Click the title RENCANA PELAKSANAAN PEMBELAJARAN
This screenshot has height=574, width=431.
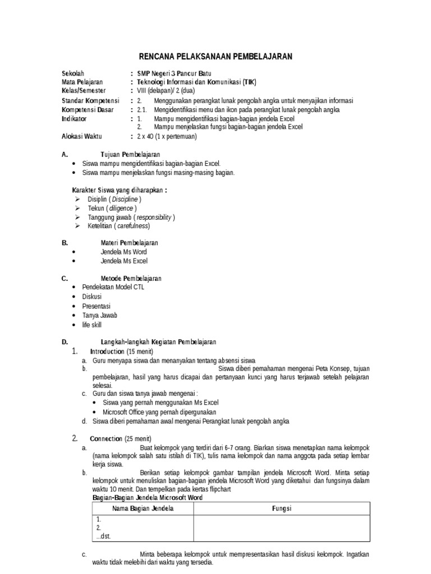point(215,56)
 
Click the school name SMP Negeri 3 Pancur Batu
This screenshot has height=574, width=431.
point(175,73)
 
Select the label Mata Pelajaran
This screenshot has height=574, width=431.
point(82,82)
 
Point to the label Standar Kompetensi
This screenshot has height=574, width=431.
point(89,101)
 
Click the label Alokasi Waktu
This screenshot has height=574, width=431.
point(86,136)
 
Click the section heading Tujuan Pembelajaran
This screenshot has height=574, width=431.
point(130,154)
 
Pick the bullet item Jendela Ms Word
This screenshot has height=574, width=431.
point(123,252)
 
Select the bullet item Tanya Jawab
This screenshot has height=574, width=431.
point(99,316)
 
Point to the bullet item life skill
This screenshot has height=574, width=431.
point(92,325)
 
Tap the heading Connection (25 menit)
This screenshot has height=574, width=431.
point(120,438)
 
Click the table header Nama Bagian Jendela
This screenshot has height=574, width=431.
point(143,508)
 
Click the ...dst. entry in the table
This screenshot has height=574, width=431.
point(103,536)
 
